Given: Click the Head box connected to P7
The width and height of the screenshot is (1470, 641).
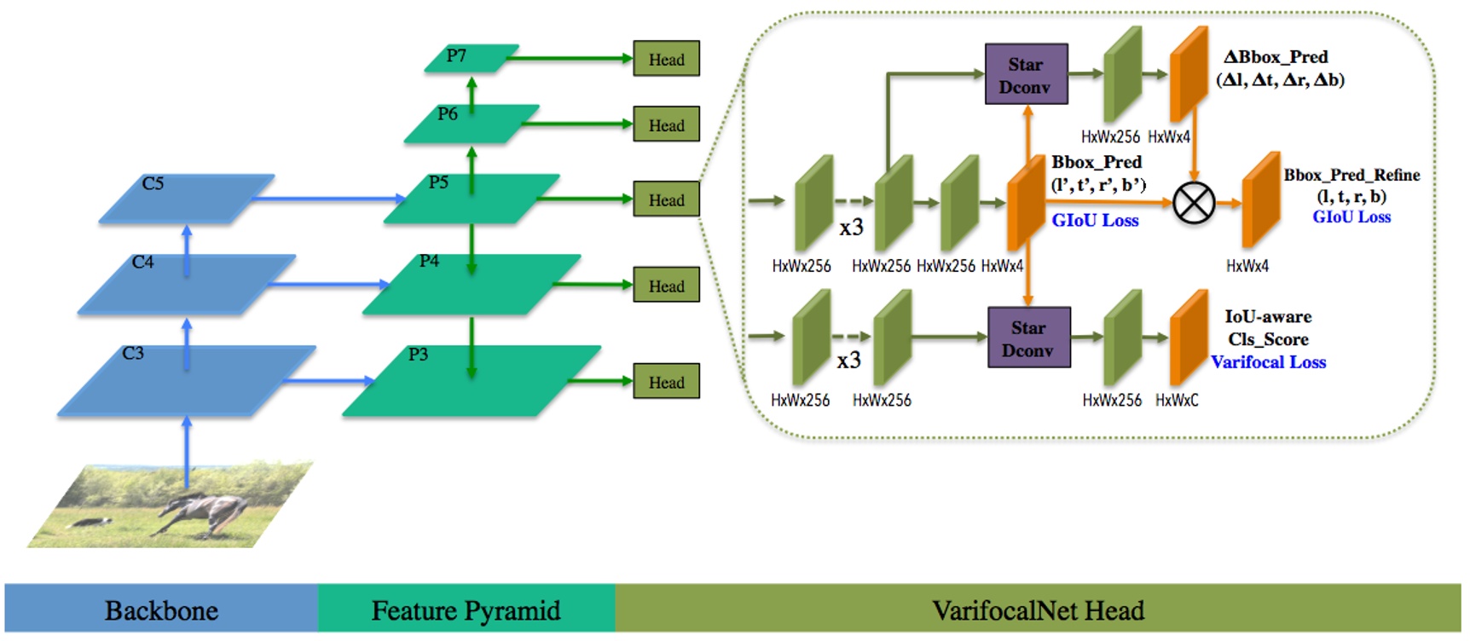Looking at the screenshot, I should [x=666, y=59].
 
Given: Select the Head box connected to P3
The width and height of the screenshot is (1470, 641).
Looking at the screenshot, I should [x=666, y=382].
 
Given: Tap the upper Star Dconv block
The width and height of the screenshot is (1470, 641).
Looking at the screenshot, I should [x=1026, y=75].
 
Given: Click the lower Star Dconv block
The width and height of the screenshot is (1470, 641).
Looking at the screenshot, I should [x=1028, y=338].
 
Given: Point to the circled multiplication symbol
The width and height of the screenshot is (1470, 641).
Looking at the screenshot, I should [x=1194, y=203].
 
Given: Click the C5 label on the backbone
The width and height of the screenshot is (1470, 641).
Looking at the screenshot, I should [x=153, y=183].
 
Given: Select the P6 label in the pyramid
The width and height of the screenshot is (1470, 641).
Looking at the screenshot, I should [x=448, y=113].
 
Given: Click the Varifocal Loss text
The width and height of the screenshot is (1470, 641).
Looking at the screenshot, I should [x=1268, y=362].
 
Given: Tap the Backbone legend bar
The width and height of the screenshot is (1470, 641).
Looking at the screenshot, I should [x=161, y=610].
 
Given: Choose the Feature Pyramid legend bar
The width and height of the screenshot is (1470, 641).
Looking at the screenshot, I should [x=466, y=610].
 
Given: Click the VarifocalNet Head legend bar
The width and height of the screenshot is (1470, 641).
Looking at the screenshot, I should [x=1038, y=610].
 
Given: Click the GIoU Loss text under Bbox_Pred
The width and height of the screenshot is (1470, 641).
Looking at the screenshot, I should [x=1095, y=221].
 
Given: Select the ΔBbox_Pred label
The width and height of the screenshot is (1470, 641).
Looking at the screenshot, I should [x=1276, y=57].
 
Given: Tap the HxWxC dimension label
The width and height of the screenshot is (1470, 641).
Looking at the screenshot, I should [x=1177, y=400].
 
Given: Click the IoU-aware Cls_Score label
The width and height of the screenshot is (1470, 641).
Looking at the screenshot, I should [x=1268, y=327].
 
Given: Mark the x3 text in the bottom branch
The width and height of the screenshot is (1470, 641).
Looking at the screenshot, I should [x=848, y=361].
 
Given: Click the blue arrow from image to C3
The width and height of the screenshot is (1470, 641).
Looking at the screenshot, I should [x=188, y=448].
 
